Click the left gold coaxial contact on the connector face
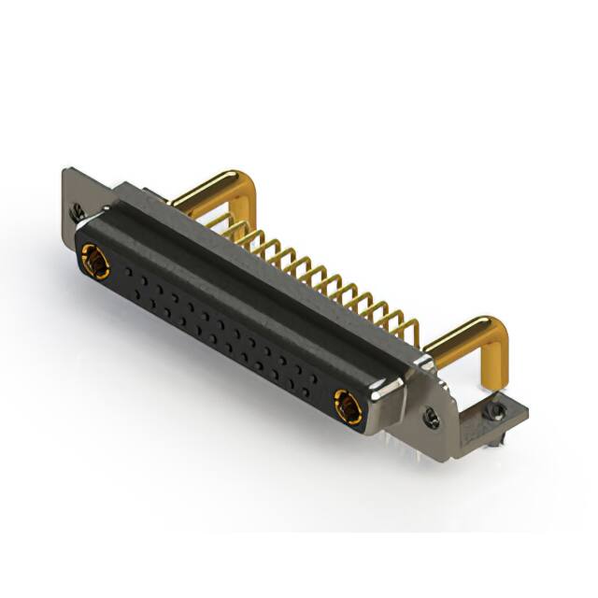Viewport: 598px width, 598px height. pyautogui.click(x=93, y=261)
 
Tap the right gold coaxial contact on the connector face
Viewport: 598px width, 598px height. pyautogui.click(x=347, y=406)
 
